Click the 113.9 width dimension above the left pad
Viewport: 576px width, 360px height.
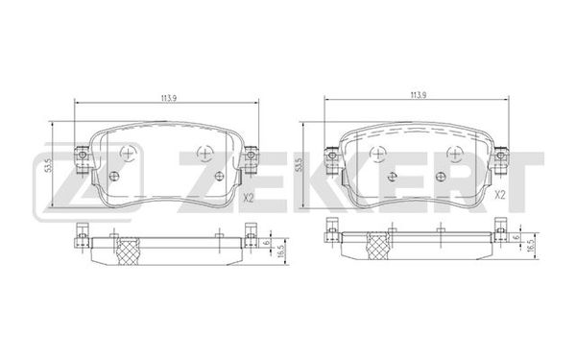[167, 99]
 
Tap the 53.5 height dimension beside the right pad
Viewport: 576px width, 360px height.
[300, 165]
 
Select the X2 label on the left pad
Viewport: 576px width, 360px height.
[249, 198]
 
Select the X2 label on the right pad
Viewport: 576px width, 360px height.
[500, 195]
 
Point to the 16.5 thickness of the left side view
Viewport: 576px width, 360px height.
[281, 252]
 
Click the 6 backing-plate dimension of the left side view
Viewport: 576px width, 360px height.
[267, 242]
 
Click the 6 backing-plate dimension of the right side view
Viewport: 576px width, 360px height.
[517, 237]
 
